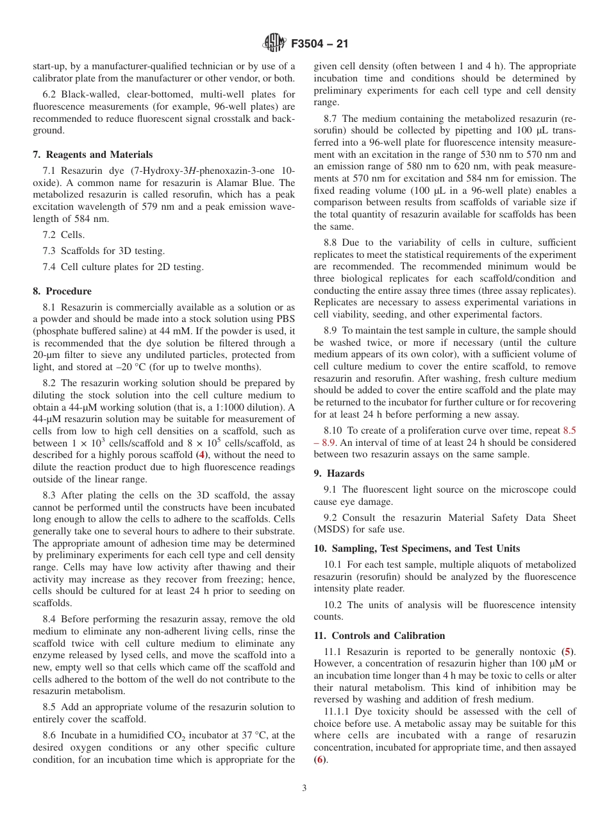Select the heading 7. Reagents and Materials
(x=92, y=155)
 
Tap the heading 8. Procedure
(x=62, y=291)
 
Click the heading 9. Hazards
(x=338, y=473)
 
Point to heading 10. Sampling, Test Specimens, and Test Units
(x=417, y=548)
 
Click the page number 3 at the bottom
(x=304, y=788)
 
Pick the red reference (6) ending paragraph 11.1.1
(x=319, y=760)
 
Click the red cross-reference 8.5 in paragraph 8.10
(x=569, y=431)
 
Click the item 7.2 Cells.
(x=63, y=235)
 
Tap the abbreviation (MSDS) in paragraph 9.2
(x=331, y=530)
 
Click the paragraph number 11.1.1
(x=337, y=711)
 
